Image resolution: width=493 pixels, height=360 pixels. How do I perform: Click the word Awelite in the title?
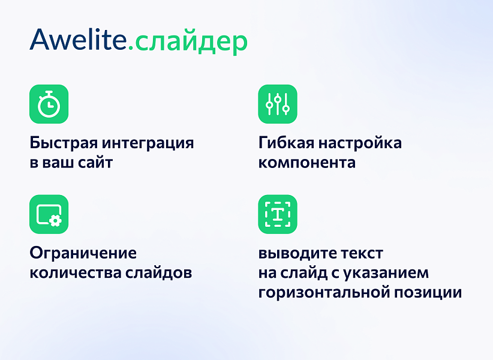(x=78, y=40)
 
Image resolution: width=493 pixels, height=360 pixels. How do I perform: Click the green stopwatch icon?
(x=49, y=104)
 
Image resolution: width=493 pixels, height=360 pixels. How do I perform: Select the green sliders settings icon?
(x=278, y=104)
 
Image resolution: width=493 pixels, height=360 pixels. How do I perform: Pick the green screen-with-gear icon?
(x=49, y=214)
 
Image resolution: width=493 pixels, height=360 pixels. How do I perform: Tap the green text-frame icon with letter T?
(x=278, y=214)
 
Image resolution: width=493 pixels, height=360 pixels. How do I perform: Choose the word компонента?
(x=306, y=163)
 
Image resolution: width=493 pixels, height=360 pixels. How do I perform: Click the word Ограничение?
(x=83, y=253)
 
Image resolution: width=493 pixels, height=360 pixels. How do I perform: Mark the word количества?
(x=76, y=273)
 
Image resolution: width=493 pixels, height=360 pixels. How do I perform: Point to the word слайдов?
(x=160, y=273)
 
